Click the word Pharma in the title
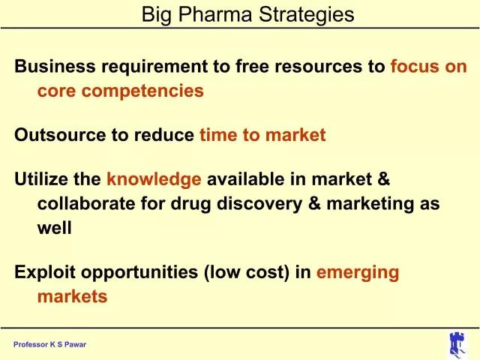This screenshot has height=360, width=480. pos(215,14)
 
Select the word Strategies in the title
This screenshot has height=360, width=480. pos(307,15)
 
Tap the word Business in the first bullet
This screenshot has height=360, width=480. pos(55,66)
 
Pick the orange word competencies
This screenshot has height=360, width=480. pos(142,91)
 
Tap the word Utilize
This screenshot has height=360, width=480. pos(41,178)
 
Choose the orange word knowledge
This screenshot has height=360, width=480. pos(154,180)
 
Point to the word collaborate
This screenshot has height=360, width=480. pos(86,203)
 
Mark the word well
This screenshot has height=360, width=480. pos(55,228)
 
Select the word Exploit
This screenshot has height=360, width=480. pos(45,272)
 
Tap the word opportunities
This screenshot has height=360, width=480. pos(139,273)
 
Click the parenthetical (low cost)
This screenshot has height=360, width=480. pos(247,272)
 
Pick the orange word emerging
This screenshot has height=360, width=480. pos(358,273)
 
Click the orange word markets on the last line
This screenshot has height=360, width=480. pos(72,296)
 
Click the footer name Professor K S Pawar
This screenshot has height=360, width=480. pos(50,345)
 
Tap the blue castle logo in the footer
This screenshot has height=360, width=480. pos(457,344)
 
